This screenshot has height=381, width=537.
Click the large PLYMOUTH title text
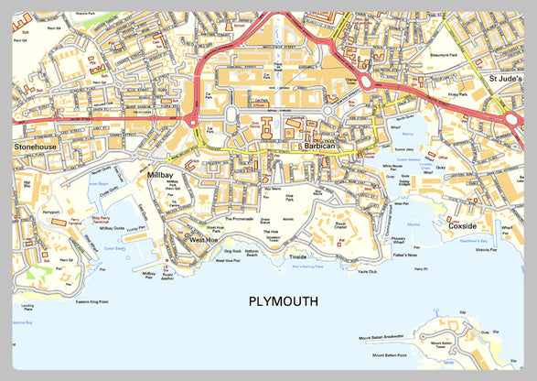pyautogui.click(x=283, y=300)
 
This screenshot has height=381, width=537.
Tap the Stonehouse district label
pyautogui.click(x=35, y=146)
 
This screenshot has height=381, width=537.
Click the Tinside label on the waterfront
pyautogui.click(x=298, y=257)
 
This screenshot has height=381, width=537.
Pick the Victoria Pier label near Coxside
pyautogui.click(x=486, y=249)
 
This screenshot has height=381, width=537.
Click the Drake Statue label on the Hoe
pyautogui.click(x=263, y=221)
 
